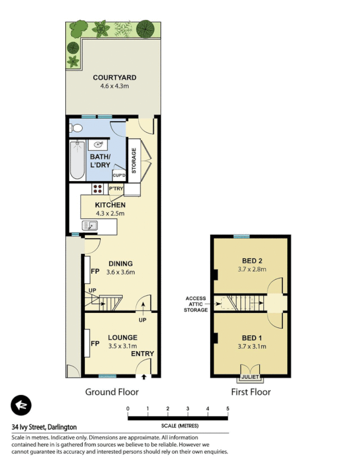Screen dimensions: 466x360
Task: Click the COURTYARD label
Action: point(114,77)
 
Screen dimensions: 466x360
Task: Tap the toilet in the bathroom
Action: point(75,128)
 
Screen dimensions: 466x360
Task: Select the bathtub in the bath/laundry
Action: point(77,161)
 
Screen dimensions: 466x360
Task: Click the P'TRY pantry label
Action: point(116,189)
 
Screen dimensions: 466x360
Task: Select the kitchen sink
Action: point(91,225)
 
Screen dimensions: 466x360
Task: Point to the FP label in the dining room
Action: point(94,271)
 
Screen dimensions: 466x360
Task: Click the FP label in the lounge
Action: point(94,344)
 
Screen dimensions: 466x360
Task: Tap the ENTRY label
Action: point(142,354)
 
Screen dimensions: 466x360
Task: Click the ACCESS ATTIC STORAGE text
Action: point(196,304)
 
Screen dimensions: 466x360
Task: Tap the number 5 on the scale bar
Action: point(228,408)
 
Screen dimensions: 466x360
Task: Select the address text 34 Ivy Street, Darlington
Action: point(44,427)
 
